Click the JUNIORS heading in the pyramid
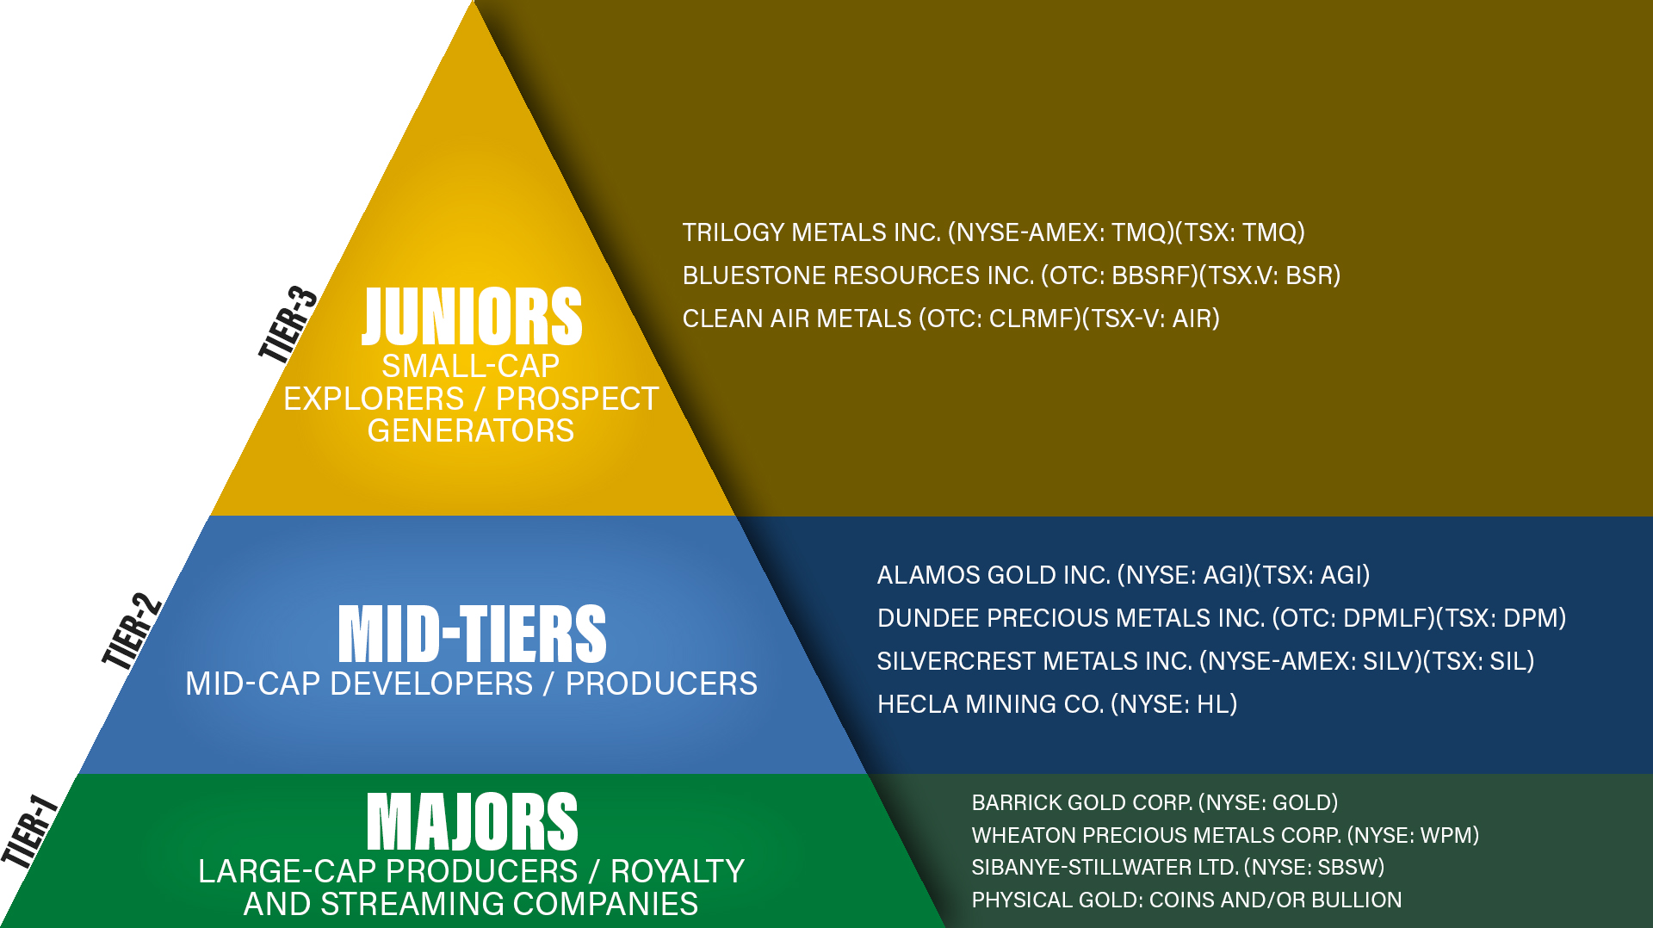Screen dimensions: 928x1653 pyautogui.click(x=472, y=317)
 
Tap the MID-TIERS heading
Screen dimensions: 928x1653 pyautogui.click(x=472, y=634)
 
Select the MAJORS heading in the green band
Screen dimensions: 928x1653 pyautogui.click(x=472, y=822)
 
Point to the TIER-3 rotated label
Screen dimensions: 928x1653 pyautogui.click(x=288, y=324)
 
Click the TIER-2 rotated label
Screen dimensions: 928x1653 pyautogui.click(x=132, y=631)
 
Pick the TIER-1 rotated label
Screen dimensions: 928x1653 pyautogui.click(x=29, y=831)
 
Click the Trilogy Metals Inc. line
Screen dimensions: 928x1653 pyautogui.click(x=993, y=232)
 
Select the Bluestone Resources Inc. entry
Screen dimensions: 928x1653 pyautogui.click(x=1011, y=275)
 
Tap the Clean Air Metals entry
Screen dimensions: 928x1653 pyautogui.click(x=950, y=319)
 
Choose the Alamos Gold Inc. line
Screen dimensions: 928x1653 pyautogui.click(x=1123, y=575)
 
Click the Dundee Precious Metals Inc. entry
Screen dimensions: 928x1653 pyautogui.click(x=1221, y=618)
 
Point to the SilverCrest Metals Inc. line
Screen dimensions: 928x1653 pyautogui.click(x=1205, y=661)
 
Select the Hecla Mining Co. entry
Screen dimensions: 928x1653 pyautogui.click(x=1056, y=704)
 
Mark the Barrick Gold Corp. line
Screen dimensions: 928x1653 pyautogui.click(x=1155, y=802)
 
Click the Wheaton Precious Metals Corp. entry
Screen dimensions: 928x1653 pyautogui.click(x=1225, y=835)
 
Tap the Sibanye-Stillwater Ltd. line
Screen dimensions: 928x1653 pyautogui.click(x=1178, y=867)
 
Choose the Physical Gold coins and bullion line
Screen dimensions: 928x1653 pyautogui.click(x=1186, y=900)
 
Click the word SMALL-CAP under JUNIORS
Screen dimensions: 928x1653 pyautogui.click(x=471, y=366)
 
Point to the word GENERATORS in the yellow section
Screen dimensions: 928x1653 pyautogui.click(x=471, y=430)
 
